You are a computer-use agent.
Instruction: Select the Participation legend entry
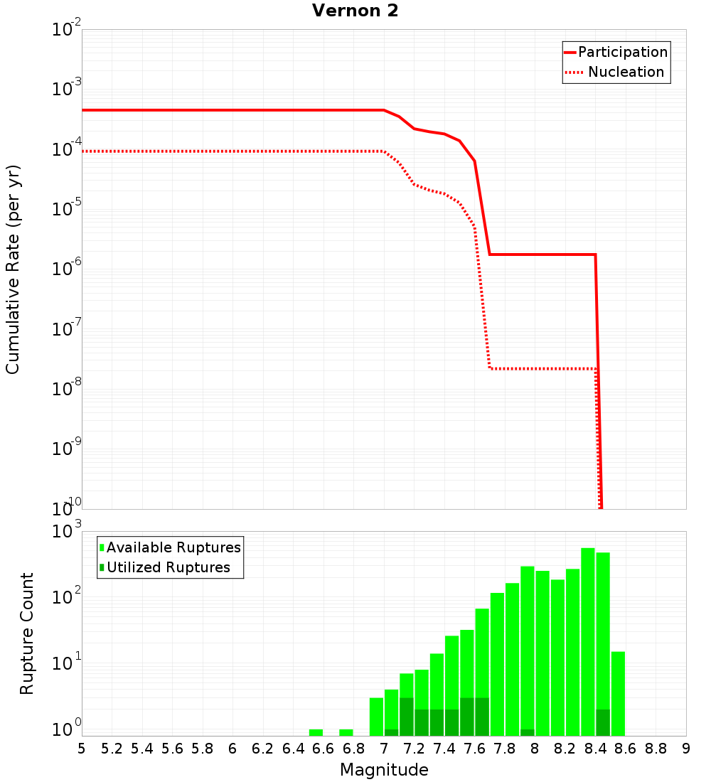tap(623, 52)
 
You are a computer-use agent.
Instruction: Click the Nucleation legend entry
tap(626, 72)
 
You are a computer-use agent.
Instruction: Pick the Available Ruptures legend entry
tap(173, 547)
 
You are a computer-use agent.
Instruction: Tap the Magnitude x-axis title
tap(384, 770)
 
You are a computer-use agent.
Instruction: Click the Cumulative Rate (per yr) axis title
tap(13, 269)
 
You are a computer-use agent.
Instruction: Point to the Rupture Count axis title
tap(27, 633)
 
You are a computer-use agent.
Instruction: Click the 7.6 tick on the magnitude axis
tap(474, 749)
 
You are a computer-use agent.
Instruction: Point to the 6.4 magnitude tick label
tap(293, 749)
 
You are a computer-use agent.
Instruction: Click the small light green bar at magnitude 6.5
tap(316, 732)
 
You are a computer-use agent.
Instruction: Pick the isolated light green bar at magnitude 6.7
tap(346, 732)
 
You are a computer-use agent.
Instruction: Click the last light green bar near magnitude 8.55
tap(618, 693)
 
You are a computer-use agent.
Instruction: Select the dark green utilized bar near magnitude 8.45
tap(603, 722)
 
